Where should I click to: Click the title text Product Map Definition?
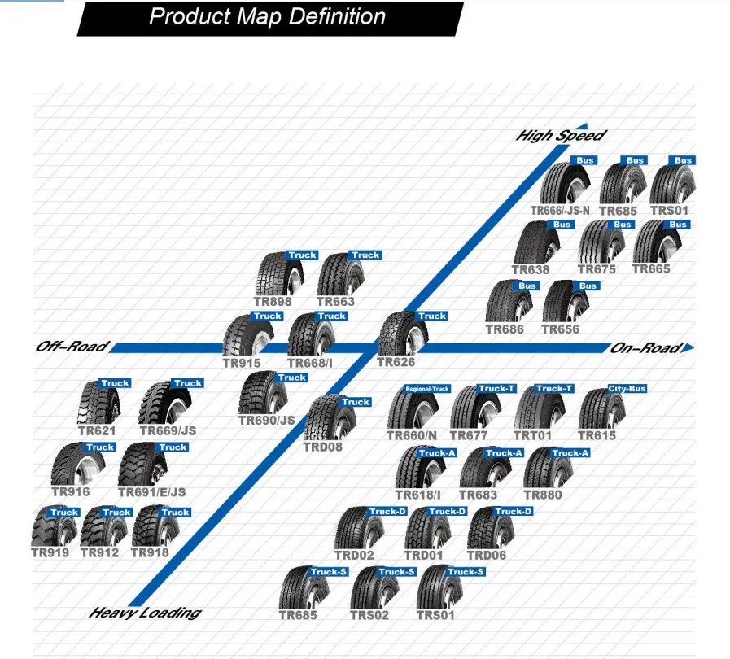(267, 17)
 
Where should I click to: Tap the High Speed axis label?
(561, 136)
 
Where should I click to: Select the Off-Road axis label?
(72, 347)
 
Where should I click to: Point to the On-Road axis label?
(646, 348)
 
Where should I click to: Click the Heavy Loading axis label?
(144, 612)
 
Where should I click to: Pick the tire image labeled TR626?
(403, 334)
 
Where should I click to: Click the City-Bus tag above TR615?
(627, 389)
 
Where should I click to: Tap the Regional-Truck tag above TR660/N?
(428, 389)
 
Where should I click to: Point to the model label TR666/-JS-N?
(560, 210)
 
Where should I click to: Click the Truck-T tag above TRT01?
(555, 389)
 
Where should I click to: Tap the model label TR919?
(50, 552)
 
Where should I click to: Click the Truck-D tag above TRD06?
(514, 511)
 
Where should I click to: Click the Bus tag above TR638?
(562, 225)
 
